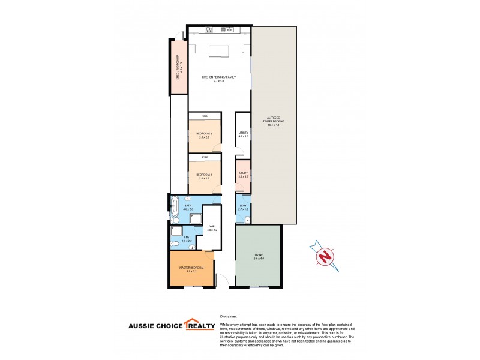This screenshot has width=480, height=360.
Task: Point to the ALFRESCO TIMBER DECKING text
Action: point(274,122)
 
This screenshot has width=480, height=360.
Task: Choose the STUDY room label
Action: point(243,174)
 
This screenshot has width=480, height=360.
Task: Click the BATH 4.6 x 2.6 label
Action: point(188,208)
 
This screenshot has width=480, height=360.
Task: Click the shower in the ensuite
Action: point(176,231)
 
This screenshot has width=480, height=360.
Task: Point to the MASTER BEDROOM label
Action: point(191,269)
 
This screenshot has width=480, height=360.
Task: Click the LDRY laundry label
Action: point(243,208)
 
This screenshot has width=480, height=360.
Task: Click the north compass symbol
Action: point(325,255)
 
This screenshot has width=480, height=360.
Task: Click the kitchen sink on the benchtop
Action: point(228,29)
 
